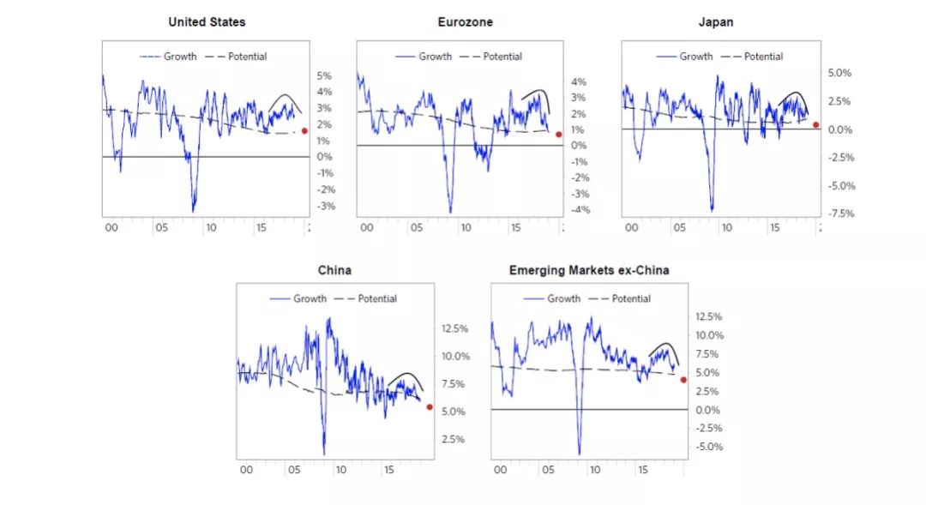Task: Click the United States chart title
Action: point(206,21)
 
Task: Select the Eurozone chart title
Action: point(466,21)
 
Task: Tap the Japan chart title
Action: point(717,21)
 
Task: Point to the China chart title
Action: point(334,270)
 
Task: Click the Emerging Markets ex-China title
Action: point(589,270)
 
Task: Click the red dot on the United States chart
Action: point(304,130)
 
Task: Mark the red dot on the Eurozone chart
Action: point(558,134)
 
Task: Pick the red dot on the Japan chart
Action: point(815,125)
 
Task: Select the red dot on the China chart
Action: point(430,406)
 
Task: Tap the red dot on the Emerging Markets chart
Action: point(683,379)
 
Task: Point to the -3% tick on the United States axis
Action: point(325,207)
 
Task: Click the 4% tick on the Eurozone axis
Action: point(579,82)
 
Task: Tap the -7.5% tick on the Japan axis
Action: point(839,213)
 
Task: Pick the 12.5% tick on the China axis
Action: point(454,328)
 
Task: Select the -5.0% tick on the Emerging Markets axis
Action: point(708,447)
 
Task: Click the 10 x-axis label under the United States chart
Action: point(210,228)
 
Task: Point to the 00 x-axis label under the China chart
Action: point(247,470)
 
